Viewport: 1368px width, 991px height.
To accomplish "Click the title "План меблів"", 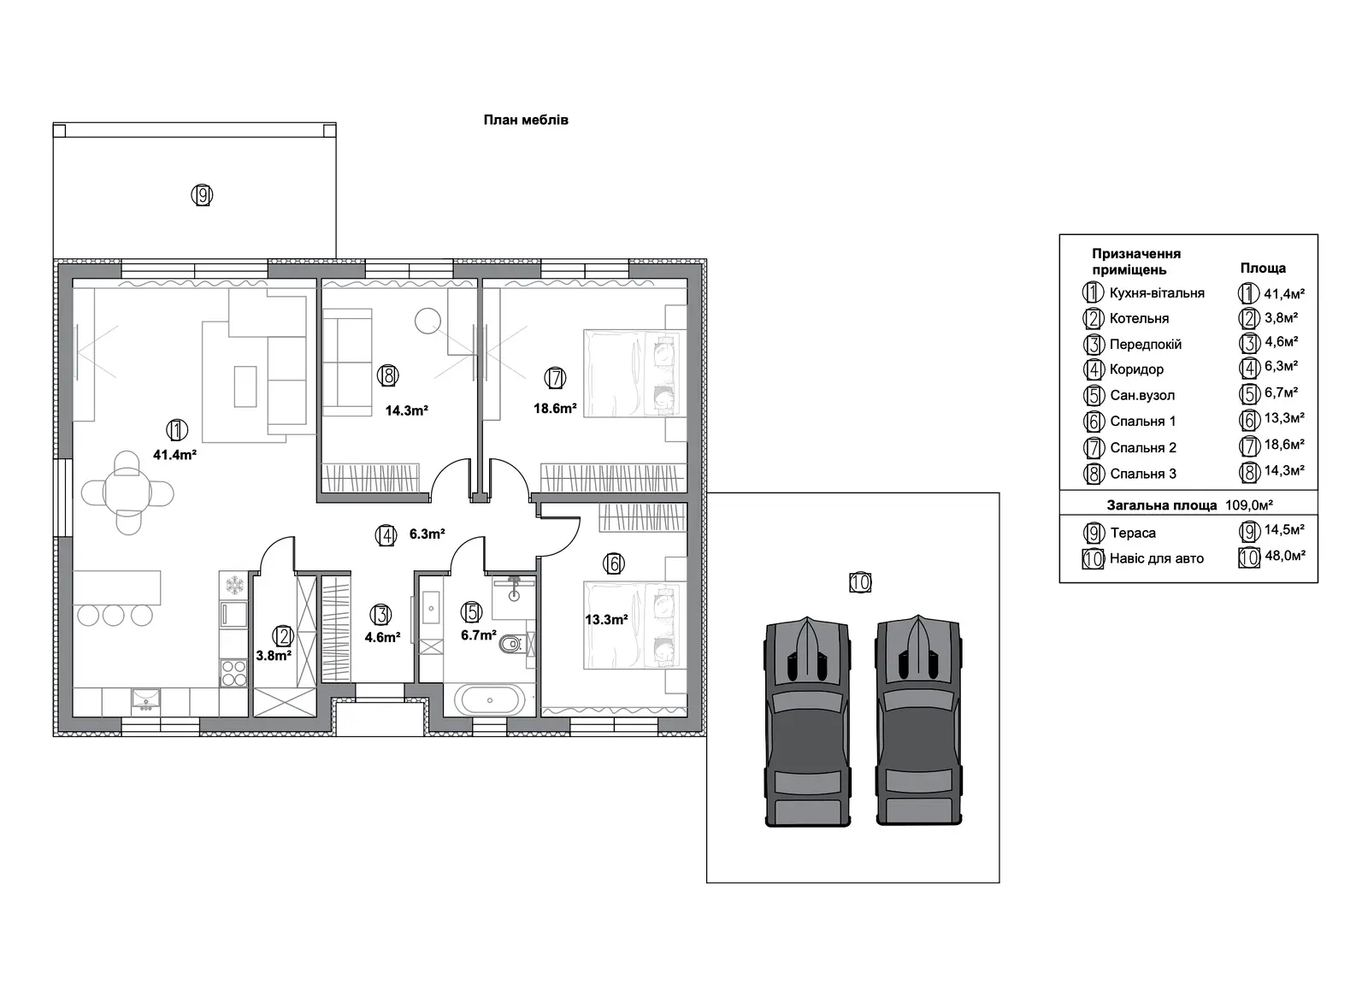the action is [526, 120].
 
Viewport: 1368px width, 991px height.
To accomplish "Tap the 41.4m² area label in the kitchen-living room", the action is [174, 454].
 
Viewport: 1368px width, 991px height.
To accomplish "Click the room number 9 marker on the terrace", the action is [202, 196].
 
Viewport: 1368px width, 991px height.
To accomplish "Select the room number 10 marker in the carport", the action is [860, 582].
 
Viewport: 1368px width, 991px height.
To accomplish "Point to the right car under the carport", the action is [918, 721].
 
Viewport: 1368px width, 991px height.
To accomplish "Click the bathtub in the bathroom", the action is [489, 699].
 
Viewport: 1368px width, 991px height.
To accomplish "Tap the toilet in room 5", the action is [512, 644].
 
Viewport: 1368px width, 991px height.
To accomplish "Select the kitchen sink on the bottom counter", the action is [145, 699].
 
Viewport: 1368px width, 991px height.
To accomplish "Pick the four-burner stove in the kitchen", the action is [233, 673].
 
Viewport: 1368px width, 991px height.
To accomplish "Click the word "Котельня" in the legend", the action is [1139, 318].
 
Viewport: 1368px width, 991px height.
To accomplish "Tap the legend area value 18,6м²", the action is [1284, 445].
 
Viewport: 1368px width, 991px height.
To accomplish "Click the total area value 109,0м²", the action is [1249, 505].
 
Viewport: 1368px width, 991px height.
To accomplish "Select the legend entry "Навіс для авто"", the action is [1156, 558].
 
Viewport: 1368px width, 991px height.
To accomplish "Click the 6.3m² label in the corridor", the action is [427, 534].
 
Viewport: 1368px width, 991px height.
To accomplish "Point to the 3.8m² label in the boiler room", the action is [273, 656].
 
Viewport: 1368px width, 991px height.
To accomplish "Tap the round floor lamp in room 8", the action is [427, 321].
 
